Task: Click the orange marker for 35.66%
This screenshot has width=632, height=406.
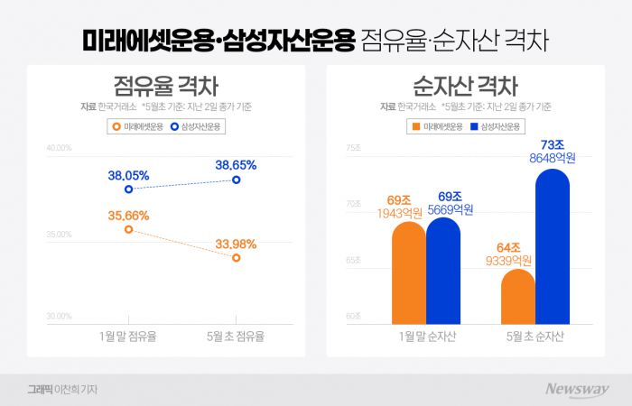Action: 128,230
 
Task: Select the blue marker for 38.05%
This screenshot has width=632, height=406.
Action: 128,189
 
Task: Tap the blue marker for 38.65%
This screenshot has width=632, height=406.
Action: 237,180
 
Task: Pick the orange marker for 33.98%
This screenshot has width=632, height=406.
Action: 237,258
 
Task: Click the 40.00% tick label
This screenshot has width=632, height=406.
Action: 59,147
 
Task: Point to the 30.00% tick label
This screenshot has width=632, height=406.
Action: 59,316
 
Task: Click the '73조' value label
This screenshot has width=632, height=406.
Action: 552,144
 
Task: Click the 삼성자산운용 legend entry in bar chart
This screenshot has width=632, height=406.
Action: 495,127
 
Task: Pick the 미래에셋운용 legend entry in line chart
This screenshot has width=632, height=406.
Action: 134,127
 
